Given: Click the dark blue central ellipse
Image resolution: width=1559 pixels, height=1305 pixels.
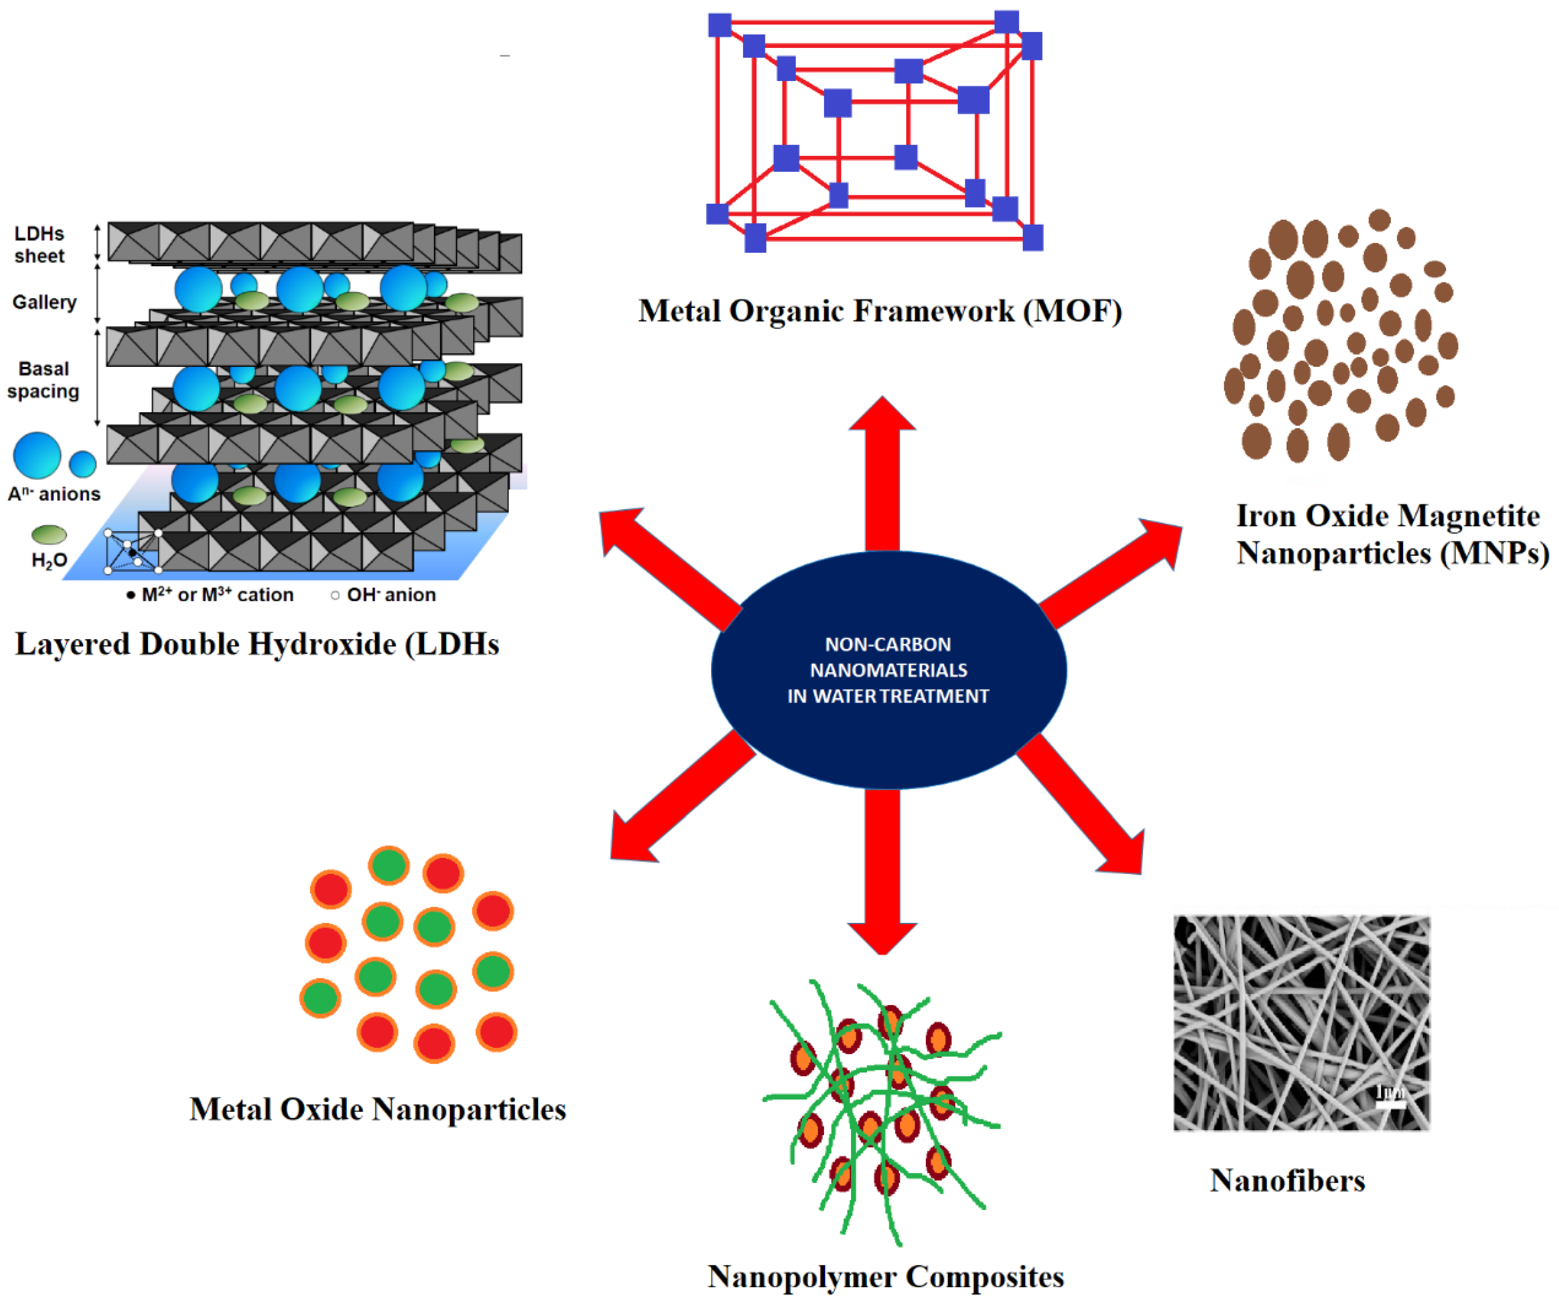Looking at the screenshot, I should [x=889, y=669].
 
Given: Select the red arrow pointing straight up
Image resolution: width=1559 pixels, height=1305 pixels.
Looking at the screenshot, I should [x=882, y=475].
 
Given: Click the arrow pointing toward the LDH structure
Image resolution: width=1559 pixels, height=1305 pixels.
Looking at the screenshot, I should [x=668, y=564].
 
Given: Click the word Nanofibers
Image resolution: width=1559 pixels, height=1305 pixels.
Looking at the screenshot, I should [x=1287, y=1180].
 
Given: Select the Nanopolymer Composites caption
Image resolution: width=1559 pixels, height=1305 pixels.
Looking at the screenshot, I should [x=886, y=1277].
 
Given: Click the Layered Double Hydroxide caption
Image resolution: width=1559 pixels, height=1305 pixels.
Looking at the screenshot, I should [x=257, y=644].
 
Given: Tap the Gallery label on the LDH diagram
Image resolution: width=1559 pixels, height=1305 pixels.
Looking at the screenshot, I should [x=44, y=302].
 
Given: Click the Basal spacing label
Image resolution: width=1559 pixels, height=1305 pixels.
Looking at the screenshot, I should [x=44, y=380].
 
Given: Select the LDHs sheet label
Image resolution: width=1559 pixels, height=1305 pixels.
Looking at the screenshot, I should [x=39, y=244].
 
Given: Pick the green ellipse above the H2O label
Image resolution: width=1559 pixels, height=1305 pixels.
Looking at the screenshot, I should [x=49, y=534].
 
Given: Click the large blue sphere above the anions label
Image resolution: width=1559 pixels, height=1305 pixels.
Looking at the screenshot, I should [x=37, y=455].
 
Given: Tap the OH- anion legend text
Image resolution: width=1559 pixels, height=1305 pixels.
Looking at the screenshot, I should [x=391, y=595].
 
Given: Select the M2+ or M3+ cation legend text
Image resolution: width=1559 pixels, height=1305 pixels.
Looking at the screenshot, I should [x=217, y=595].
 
